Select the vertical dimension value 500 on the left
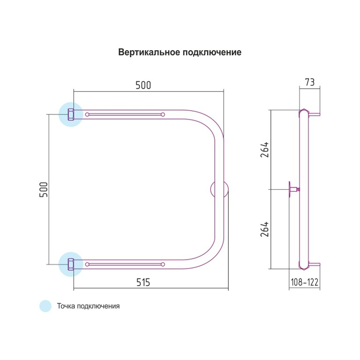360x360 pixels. point(43,189)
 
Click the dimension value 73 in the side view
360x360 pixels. point(309,82)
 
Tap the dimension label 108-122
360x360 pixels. point(305,282)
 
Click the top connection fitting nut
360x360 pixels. point(71,114)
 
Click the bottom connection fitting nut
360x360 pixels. point(71,264)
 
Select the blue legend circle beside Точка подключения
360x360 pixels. point(45,306)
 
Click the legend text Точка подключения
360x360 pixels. point(88,306)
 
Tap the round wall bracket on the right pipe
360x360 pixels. point(220,189)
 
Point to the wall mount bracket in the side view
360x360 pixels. point(292,189)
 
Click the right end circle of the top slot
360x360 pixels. point(163,114)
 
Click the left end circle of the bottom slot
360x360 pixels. point(87,264)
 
